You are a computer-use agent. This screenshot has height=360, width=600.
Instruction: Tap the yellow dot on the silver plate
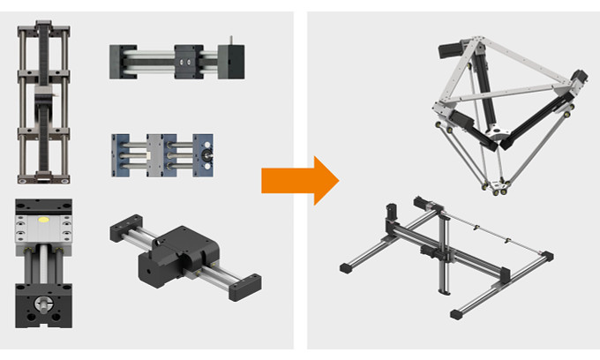coord(47,217)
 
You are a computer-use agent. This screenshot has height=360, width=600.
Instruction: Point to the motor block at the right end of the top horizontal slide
coord(230,61)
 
